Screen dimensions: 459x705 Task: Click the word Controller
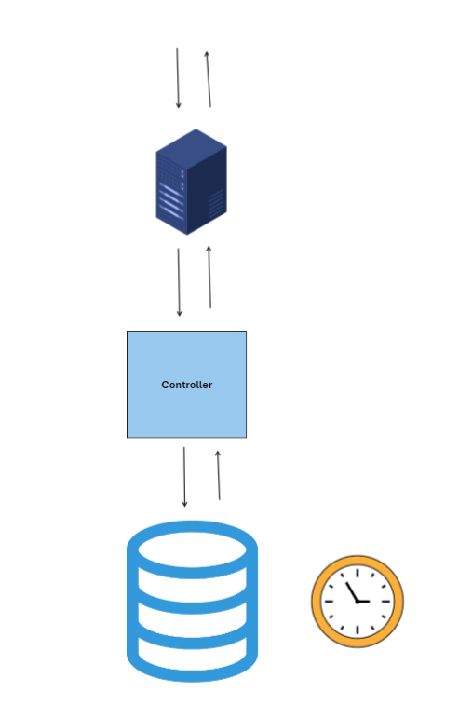tap(186, 385)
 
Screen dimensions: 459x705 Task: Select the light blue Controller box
tap(186, 384)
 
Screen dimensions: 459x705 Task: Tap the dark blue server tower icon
tap(191, 182)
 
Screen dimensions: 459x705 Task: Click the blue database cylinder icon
tap(192, 601)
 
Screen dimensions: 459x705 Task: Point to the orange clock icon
tap(358, 601)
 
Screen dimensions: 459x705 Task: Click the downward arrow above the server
tap(178, 78)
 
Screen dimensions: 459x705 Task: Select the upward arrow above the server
tap(209, 79)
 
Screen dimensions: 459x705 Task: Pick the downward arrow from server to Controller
tap(179, 282)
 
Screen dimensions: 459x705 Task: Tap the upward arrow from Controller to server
tap(209, 277)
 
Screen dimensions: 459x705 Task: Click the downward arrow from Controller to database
tap(184, 477)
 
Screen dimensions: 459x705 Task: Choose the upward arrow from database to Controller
tap(219, 475)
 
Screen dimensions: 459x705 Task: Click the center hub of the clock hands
tap(358, 601)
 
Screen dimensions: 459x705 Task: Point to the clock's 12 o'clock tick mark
tap(358, 573)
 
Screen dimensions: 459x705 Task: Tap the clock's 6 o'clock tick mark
tap(358, 630)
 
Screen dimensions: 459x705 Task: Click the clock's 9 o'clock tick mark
tap(329, 601)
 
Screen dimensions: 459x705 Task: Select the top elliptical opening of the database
tap(192, 549)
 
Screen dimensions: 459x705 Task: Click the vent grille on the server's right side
tap(216, 203)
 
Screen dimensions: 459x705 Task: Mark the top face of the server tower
tap(191, 148)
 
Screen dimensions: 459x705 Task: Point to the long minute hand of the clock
tap(352, 591)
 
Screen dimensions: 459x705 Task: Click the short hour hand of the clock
tap(363, 601)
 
